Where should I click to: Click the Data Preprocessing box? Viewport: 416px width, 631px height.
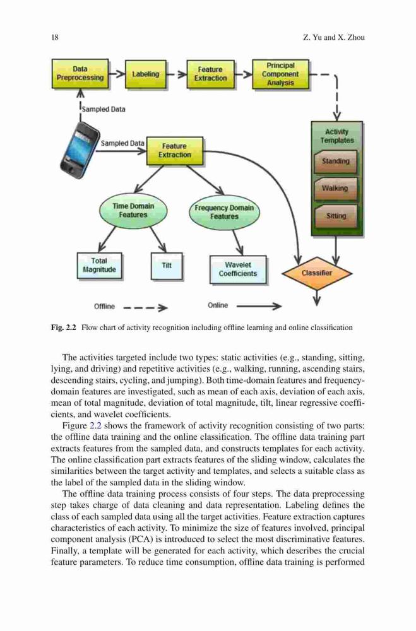coord(80,74)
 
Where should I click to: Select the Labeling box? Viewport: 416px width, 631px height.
coord(145,74)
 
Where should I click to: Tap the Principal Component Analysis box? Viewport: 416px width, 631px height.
coord(280,74)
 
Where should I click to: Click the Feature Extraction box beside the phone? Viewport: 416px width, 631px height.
coord(174,151)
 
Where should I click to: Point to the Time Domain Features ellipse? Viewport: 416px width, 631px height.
coord(133,211)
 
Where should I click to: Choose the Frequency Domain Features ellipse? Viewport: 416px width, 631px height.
coord(224,212)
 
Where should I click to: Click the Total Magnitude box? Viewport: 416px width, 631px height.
coord(99,266)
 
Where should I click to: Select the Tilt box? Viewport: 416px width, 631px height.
coord(167,266)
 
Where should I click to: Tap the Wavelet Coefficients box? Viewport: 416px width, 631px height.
coord(238,269)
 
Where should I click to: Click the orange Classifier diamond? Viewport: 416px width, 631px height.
coord(317,273)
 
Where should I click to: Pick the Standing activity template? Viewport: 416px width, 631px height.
coord(335,162)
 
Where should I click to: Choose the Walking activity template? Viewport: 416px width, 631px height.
coord(335,188)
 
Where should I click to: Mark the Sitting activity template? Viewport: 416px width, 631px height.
coord(335,216)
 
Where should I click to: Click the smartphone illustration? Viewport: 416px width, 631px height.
coord(80,150)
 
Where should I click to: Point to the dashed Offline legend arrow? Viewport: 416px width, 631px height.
coord(146,309)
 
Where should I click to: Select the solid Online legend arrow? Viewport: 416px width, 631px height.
coord(259,307)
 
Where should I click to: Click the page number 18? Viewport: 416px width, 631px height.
coord(55,37)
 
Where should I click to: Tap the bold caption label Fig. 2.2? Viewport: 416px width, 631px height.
coord(64,327)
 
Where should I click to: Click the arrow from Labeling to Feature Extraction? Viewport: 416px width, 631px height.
coord(176,74)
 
